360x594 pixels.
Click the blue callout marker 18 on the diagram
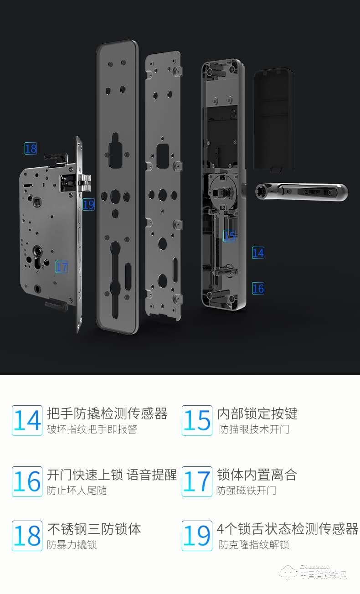pyautogui.click(x=31, y=148)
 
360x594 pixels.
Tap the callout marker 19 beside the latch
pyautogui.click(x=88, y=205)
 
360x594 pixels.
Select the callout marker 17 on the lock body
pyautogui.click(x=62, y=267)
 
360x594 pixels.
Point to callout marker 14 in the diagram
pyautogui.click(x=258, y=253)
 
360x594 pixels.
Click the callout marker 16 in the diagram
pyautogui.click(x=258, y=288)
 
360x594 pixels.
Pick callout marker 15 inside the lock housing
pyautogui.click(x=230, y=236)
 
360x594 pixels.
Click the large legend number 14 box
pyautogui.click(x=27, y=420)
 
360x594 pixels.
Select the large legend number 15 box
pyautogui.click(x=197, y=420)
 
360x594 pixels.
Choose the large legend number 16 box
pyautogui.click(x=27, y=481)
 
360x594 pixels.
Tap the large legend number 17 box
pyautogui.click(x=197, y=481)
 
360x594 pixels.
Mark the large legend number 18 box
pyautogui.click(x=27, y=536)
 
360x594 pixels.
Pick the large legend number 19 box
pyautogui.click(x=197, y=536)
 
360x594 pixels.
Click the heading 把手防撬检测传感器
pyautogui.click(x=107, y=413)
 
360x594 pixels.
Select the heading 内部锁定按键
pyautogui.click(x=257, y=413)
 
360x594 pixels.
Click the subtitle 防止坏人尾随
pyautogui.click(x=77, y=491)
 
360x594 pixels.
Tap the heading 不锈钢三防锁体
pyautogui.click(x=94, y=529)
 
